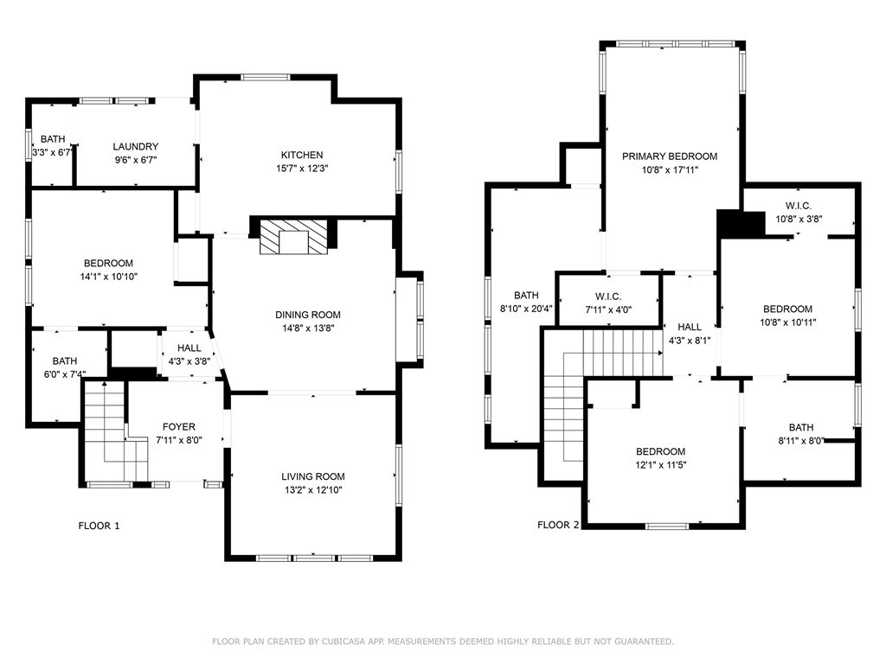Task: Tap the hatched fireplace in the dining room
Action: click(296, 235)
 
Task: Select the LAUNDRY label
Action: click(135, 147)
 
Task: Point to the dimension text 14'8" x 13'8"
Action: click(308, 329)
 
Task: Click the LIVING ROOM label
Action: click(312, 476)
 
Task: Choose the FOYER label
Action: click(178, 427)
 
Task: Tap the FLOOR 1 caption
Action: click(99, 525)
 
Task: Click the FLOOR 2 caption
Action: click(558, 525)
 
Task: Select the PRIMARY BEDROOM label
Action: click(670, 156)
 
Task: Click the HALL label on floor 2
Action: click(690, 327)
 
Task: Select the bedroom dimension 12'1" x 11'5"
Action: click(660, 465)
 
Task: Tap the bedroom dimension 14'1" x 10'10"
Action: click(108, 277)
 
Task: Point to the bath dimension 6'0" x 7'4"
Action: click(64, 374)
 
